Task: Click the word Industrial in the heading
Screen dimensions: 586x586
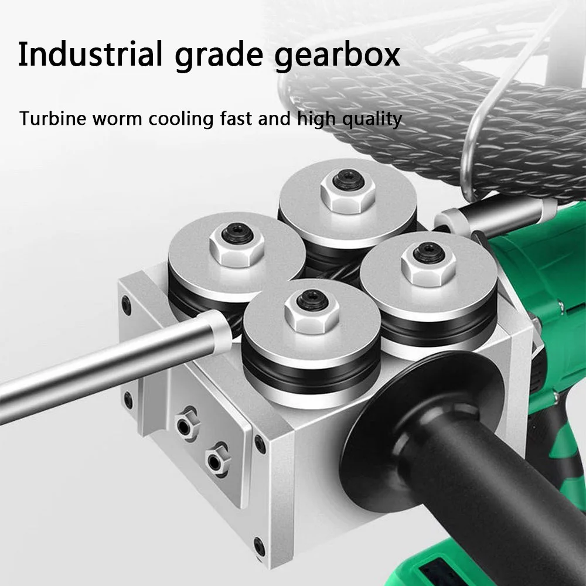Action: click(x=90, y=54)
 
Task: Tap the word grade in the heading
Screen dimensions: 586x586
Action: click(x=219, y=56)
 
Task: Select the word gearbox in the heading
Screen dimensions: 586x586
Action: click(x=337, y=56)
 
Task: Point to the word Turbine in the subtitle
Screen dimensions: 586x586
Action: click(x=52, y=118)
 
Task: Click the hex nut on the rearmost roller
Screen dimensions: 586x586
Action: click(x=347, y=190)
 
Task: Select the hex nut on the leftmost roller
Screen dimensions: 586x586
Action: click(x=237, y=244)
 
